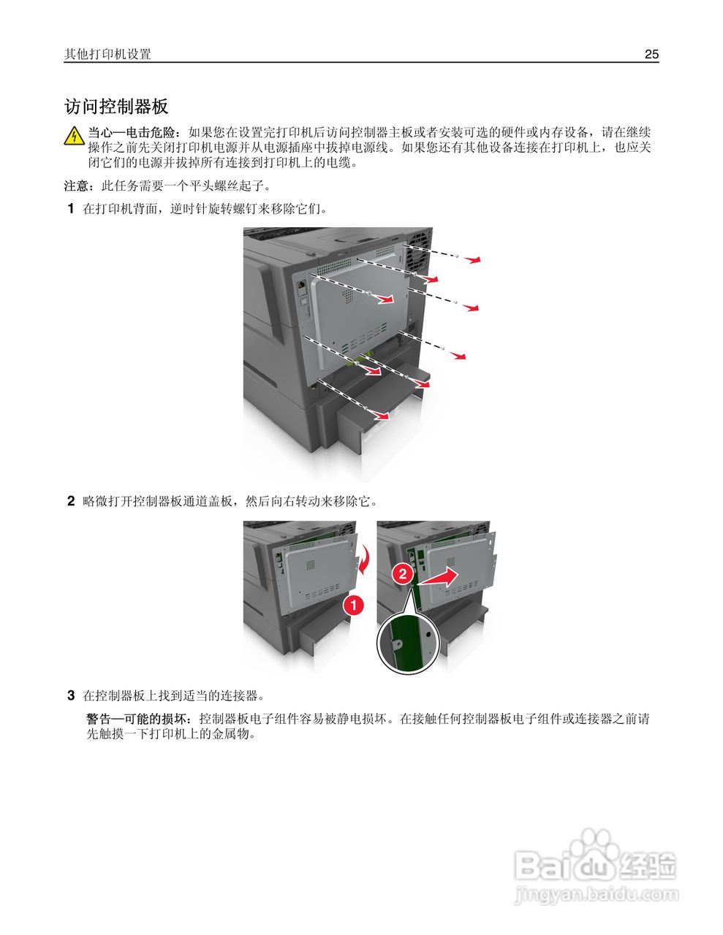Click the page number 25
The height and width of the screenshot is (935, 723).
[651, 54]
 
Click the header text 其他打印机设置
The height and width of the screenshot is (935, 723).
[107, 54]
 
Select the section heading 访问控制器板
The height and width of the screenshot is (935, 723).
[116, 107]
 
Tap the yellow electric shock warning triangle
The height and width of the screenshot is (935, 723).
[74, 136]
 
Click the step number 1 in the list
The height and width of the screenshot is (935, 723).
[71, 209]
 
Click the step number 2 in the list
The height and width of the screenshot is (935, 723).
[71, 501]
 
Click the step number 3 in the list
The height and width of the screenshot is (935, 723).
[71, 695]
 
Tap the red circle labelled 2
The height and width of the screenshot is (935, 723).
[402, 573]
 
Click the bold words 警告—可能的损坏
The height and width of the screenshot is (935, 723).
[139, 719]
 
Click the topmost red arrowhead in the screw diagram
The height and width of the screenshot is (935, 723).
[475, 260]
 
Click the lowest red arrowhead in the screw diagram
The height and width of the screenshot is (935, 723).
[381, 417]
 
